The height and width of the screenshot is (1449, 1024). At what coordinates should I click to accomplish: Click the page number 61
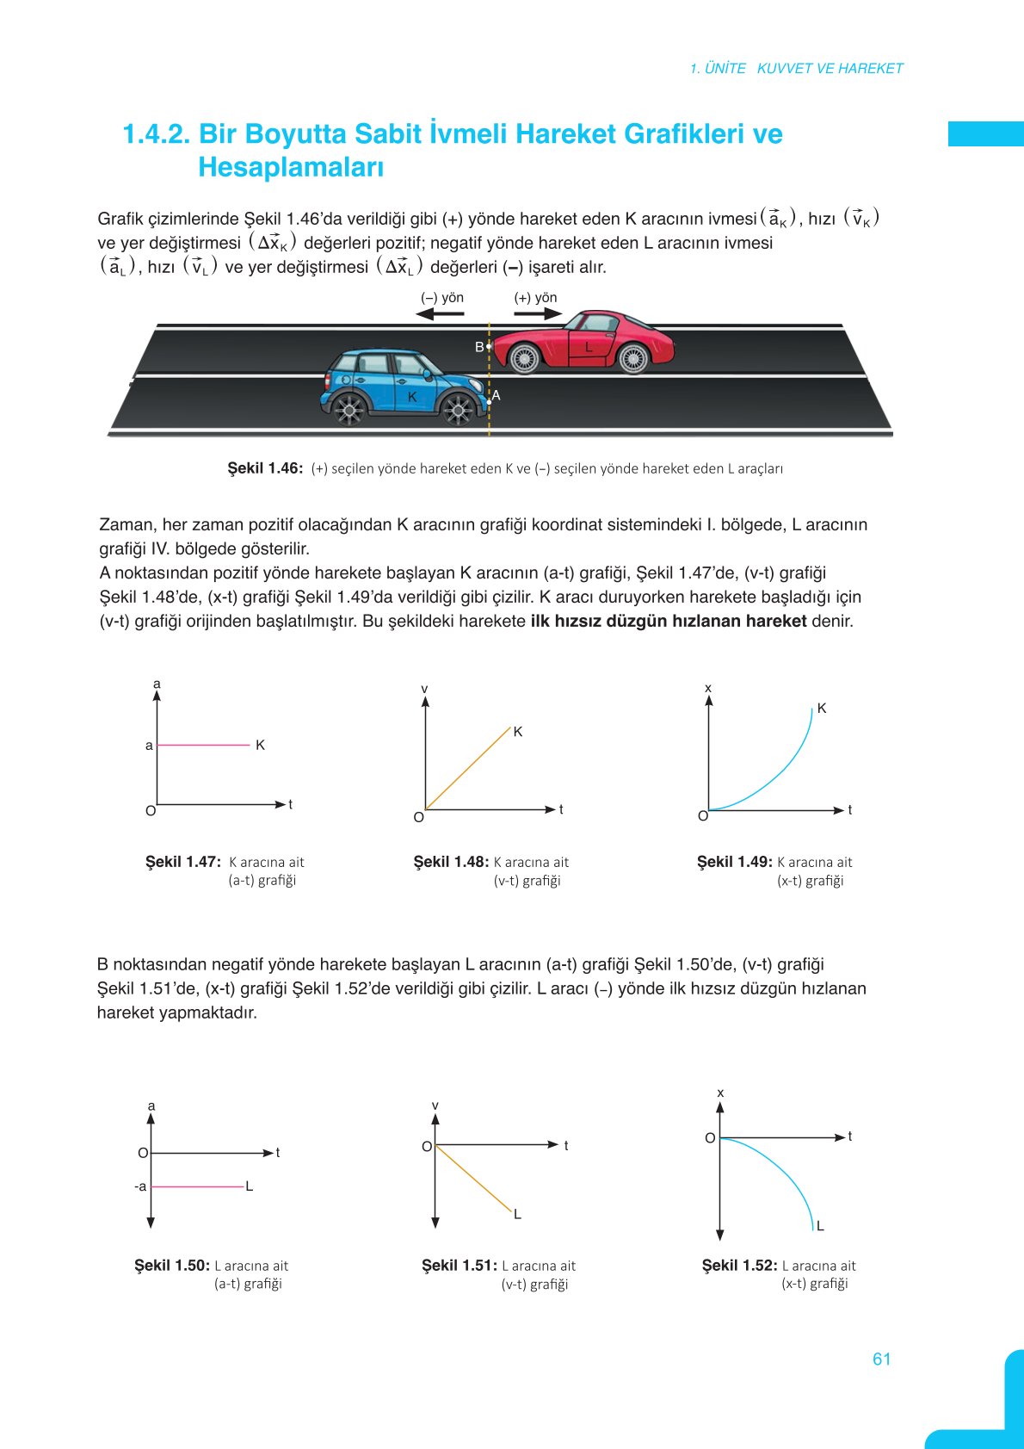881,1359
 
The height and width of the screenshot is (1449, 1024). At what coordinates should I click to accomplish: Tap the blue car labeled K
400,387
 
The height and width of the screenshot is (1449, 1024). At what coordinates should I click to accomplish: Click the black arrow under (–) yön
440,314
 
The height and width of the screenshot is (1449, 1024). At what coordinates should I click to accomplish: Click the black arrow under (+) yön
537,314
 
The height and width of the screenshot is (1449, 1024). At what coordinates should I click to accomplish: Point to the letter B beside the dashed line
479,347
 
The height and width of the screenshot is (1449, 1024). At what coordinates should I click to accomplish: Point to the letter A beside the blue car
497,395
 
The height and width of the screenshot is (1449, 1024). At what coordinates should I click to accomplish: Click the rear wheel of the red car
633,357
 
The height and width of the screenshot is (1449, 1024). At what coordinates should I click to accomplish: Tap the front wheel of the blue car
458,410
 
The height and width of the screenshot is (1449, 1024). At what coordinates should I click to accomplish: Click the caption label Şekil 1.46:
265,468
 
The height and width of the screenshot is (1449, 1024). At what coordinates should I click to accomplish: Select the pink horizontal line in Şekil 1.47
203,745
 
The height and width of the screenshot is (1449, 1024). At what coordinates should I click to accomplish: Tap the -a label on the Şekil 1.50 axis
140,1186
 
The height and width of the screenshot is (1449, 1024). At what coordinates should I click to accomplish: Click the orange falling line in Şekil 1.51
473,1178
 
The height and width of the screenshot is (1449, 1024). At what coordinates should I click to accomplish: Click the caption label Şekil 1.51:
459,1266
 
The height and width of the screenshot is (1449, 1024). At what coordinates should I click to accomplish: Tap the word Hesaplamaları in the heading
290,167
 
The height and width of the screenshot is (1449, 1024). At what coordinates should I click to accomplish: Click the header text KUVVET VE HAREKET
830,68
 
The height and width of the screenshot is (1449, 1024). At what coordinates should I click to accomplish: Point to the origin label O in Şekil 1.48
418,817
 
